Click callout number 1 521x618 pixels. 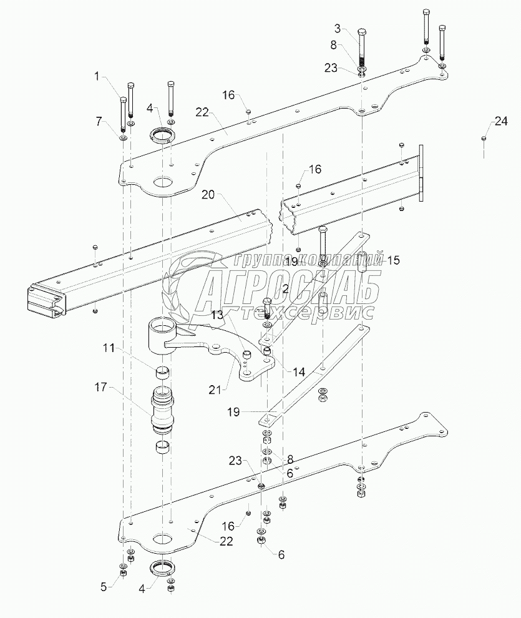click(97, 76)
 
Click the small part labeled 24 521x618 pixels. click(484, 139)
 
